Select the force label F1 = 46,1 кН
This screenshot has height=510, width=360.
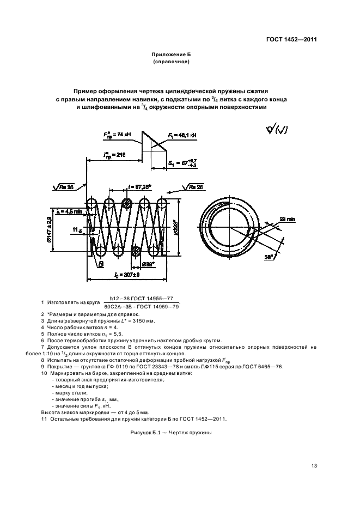[182, 134]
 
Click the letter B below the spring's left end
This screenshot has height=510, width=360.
[101, 264]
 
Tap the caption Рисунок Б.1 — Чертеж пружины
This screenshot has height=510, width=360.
[170, 433]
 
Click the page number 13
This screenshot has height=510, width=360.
[314, 465]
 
